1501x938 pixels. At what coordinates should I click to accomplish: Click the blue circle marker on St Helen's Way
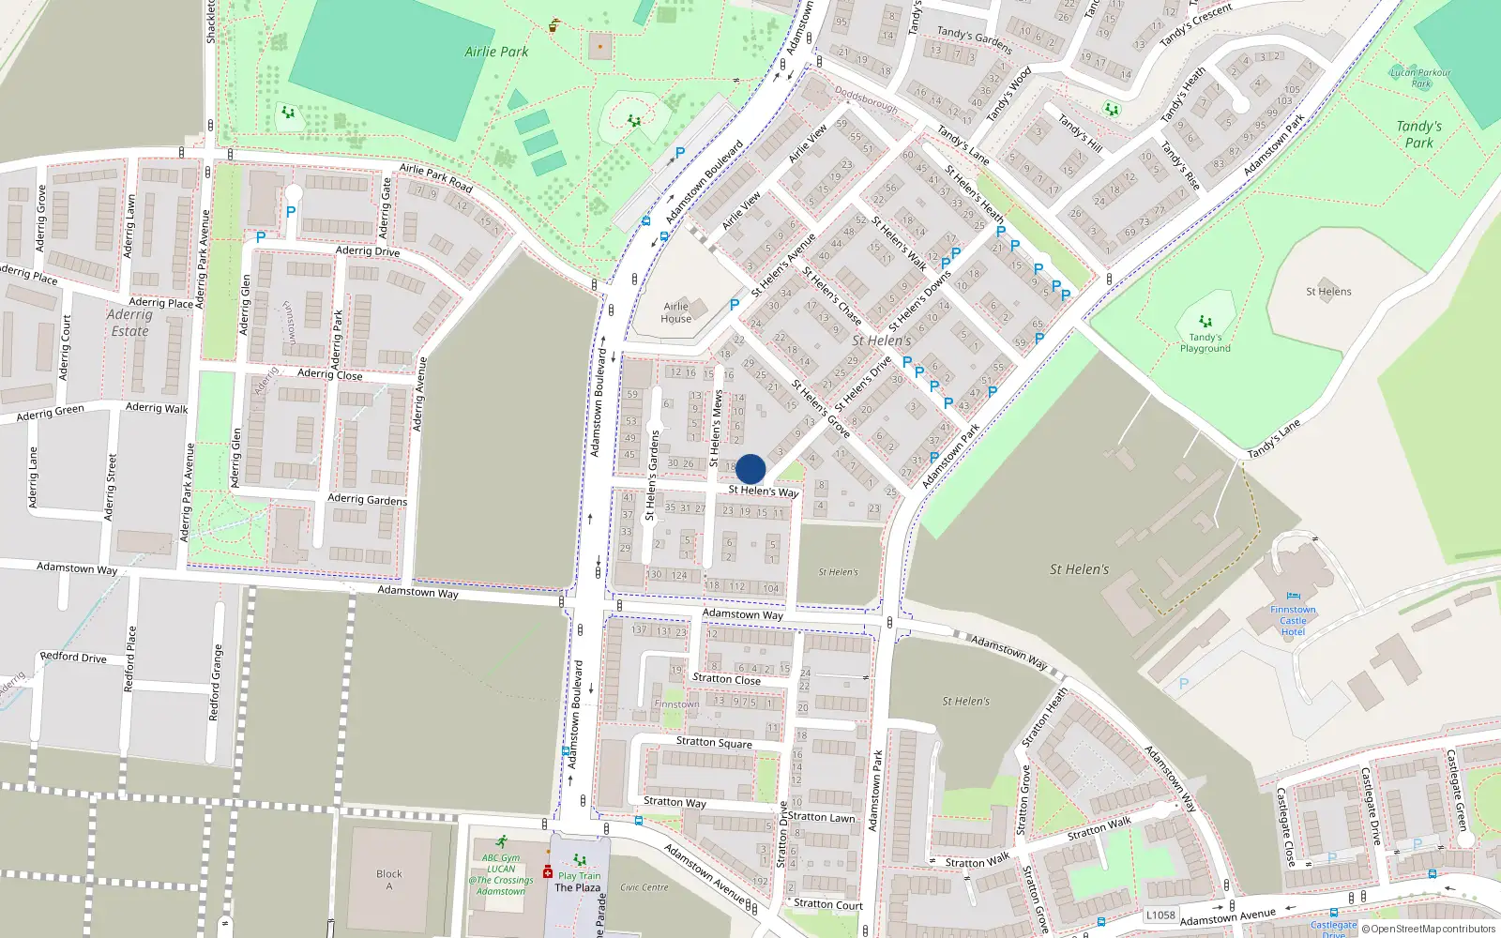pyautogui.click(x=750, y=469)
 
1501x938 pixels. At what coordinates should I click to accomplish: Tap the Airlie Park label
pyautogui.click(x=496, y=52)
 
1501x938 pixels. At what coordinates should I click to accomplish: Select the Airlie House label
pyautogui.click(x=676, y=312)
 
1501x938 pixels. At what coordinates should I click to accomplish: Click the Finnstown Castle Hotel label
pyautogui.click(x=1293, y=620)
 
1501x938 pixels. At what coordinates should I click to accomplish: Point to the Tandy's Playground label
pyautogui.click(x=1205, y=342)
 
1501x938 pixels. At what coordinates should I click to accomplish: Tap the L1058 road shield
pyautogui.click(x=1160, y=915)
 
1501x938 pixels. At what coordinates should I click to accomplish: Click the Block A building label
pyautogui.click(x=388, y=880)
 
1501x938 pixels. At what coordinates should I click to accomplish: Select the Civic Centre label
pyautogui.click(x=644, y=886)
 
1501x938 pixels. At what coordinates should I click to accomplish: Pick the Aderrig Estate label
pyautogui.click(x=129, y=323)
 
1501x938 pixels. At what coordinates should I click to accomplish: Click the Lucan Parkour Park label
pyautogui.click(x=1420, y=78)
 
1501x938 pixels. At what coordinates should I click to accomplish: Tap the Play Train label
pyautogui.click(x=579, y=875)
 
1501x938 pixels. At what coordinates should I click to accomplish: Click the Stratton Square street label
pyautogui.click(x=714, y=742)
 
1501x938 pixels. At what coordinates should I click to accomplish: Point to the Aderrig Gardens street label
pyautogui.click(x=367, y=499)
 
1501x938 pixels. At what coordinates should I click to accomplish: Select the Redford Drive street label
pyautogui.click(x=73, y=658)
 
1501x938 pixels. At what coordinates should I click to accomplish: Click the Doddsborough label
pyautogui.click(x=866, y=100)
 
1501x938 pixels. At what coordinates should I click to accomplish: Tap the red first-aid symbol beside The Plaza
pyautogui.click(x=548, y=873)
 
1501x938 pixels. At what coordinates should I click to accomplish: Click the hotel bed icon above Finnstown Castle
pyautogui.click(x=1293, y=596)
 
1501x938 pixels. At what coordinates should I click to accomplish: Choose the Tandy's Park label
pyautogui.click(x=1418, y=134)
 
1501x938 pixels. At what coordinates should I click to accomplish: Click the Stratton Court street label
pyautogui.click(x=828, y=904)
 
